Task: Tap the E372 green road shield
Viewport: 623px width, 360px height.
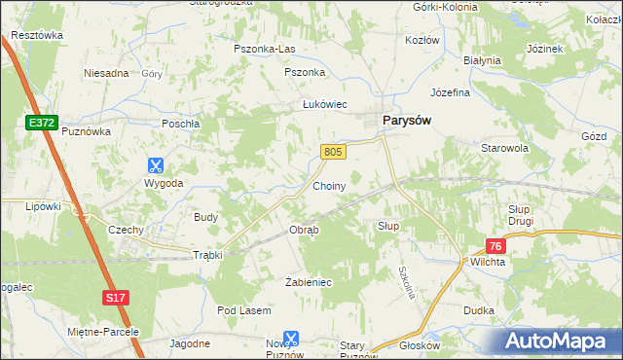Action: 40,121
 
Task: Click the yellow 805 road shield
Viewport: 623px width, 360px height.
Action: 333,152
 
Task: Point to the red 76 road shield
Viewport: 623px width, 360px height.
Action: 496,247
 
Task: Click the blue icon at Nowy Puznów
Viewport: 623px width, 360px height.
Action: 290,338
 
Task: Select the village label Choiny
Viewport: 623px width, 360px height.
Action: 329,185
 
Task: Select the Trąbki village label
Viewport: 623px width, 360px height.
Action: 208,255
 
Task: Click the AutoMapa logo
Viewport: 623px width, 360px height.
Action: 560,342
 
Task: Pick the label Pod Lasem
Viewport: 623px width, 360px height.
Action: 243,310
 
